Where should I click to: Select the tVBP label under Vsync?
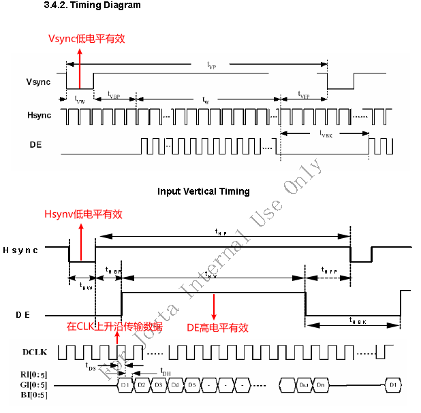click(x=113, y=97)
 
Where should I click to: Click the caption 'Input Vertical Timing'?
click(x=204, y=191)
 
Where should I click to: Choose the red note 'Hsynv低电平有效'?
click(x=83, y=214)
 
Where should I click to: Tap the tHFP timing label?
click(x=328, y=271)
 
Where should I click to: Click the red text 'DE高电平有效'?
click(x=217, y=327)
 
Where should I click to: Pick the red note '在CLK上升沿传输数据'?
click(x=114, y=327)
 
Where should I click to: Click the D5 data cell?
click(x=192, y=385)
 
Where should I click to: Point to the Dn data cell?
click(x=321, y=385)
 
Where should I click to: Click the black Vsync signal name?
click(x=39, y=82)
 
